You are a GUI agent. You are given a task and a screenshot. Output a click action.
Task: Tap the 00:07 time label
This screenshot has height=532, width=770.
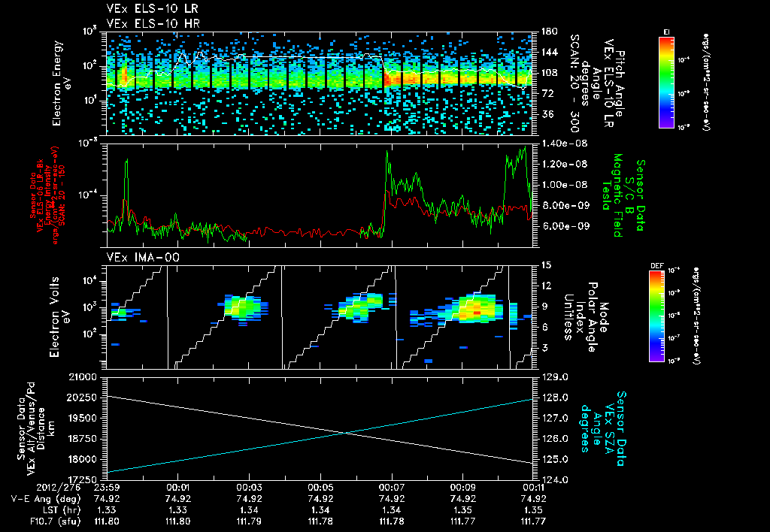pyautogui.click(x=391, y=487)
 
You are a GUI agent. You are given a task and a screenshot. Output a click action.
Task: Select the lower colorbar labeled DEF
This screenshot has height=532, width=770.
pyautogui.click(x=656, y=316)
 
